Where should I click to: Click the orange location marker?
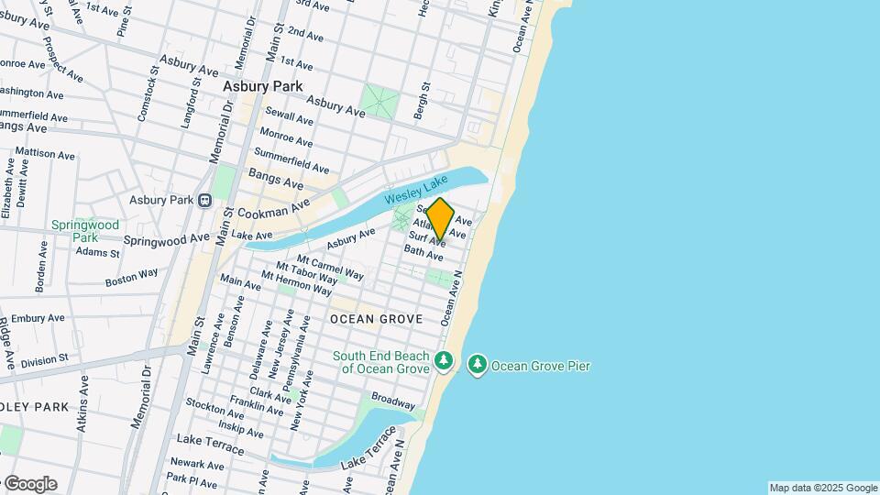440,219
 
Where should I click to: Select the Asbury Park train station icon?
206,200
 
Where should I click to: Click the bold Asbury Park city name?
262,86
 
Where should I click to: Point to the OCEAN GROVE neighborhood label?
376,319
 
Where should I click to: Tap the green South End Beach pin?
444,361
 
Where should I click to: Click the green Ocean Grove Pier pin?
477,366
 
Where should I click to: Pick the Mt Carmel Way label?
319,268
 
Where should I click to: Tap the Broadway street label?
393,401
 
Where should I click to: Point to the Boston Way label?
131,276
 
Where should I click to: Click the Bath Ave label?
423,252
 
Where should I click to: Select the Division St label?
44,361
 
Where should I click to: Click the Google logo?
29,483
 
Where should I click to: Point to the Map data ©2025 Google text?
822,488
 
